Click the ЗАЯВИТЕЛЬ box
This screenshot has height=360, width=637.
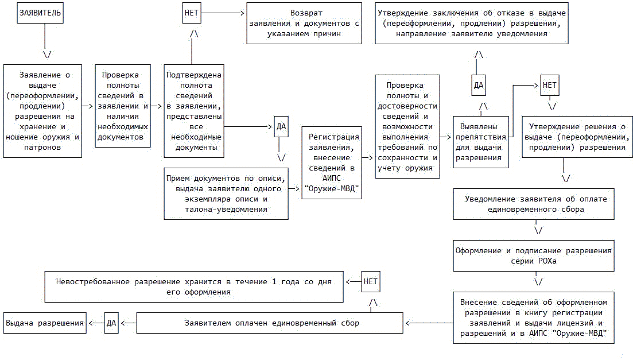click(40, 13)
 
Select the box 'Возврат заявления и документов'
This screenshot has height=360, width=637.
click(304, 23)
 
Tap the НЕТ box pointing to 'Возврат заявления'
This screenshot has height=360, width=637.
click(192, 13)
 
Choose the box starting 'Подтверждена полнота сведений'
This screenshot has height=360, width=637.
click(193, 111)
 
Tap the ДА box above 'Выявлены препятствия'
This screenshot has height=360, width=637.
click(479, 86)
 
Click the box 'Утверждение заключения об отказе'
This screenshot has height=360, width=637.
click(472, 23)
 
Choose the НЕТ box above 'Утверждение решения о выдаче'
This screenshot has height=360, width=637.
click(550, 86)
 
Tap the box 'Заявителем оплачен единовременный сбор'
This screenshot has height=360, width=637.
click(271, 323)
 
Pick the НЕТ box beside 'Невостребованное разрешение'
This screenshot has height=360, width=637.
click(371, 281)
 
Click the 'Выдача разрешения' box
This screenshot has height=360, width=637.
click(45, 323)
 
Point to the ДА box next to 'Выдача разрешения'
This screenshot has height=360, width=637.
click(111, 323)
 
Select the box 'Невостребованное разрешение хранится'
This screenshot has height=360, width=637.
click(195, 287)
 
